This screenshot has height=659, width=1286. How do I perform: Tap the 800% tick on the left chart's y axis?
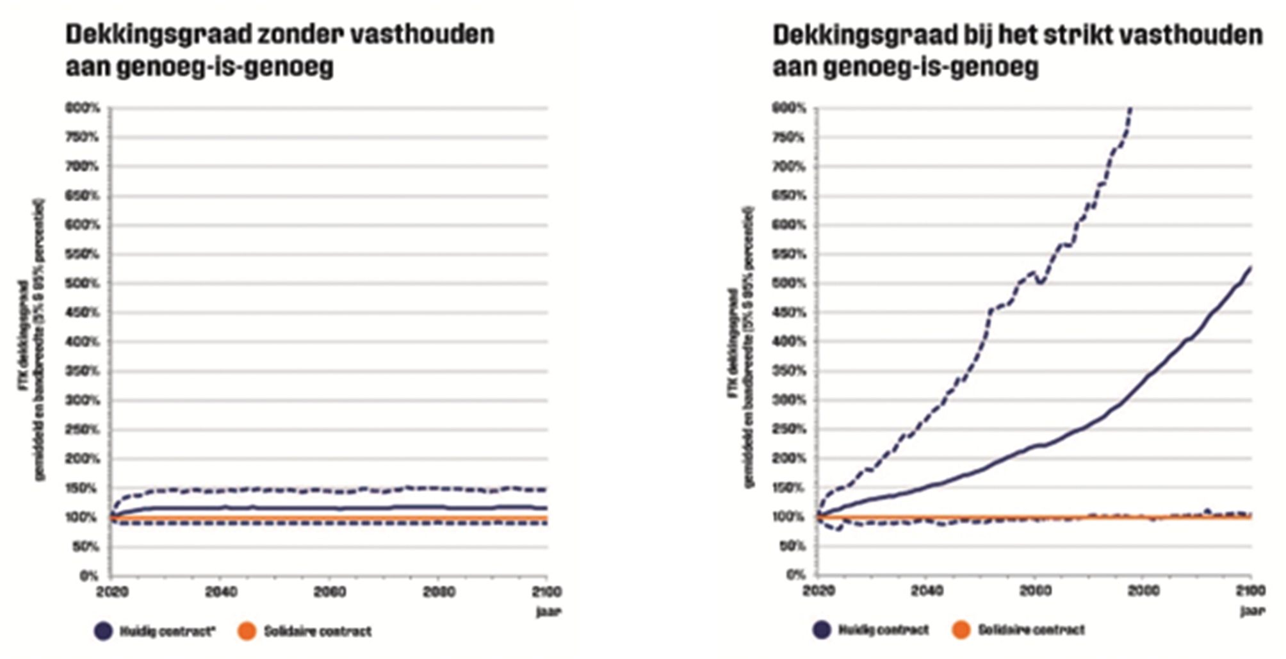click(x=83, y=108)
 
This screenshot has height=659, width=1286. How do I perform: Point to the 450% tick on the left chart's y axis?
click(x=83, y=313)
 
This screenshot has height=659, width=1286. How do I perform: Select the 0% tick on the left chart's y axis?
click(x=89, y=575)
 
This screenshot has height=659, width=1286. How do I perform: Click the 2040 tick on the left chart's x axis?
click(x=220, y=592)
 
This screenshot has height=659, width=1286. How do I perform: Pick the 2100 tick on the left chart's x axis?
click(x=546, y=592)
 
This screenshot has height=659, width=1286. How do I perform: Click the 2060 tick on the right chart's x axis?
click(x=1035, y=590)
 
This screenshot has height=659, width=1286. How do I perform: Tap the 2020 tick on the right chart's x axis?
click(x=818, y=590)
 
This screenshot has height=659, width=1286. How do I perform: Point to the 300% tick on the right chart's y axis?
click(x=788, y=400)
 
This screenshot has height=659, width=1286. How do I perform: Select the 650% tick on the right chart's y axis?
click(x=788, y=196)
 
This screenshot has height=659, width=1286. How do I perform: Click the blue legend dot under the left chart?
click(x=103, y=631)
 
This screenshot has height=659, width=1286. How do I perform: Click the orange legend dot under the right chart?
click(x=961, y=630)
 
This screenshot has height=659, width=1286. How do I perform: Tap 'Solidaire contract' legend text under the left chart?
click(x=317, y=631)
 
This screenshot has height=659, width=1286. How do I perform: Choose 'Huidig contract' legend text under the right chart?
click(x=883, y=630)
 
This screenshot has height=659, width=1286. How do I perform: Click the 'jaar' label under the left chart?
click(x=548, y=612)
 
